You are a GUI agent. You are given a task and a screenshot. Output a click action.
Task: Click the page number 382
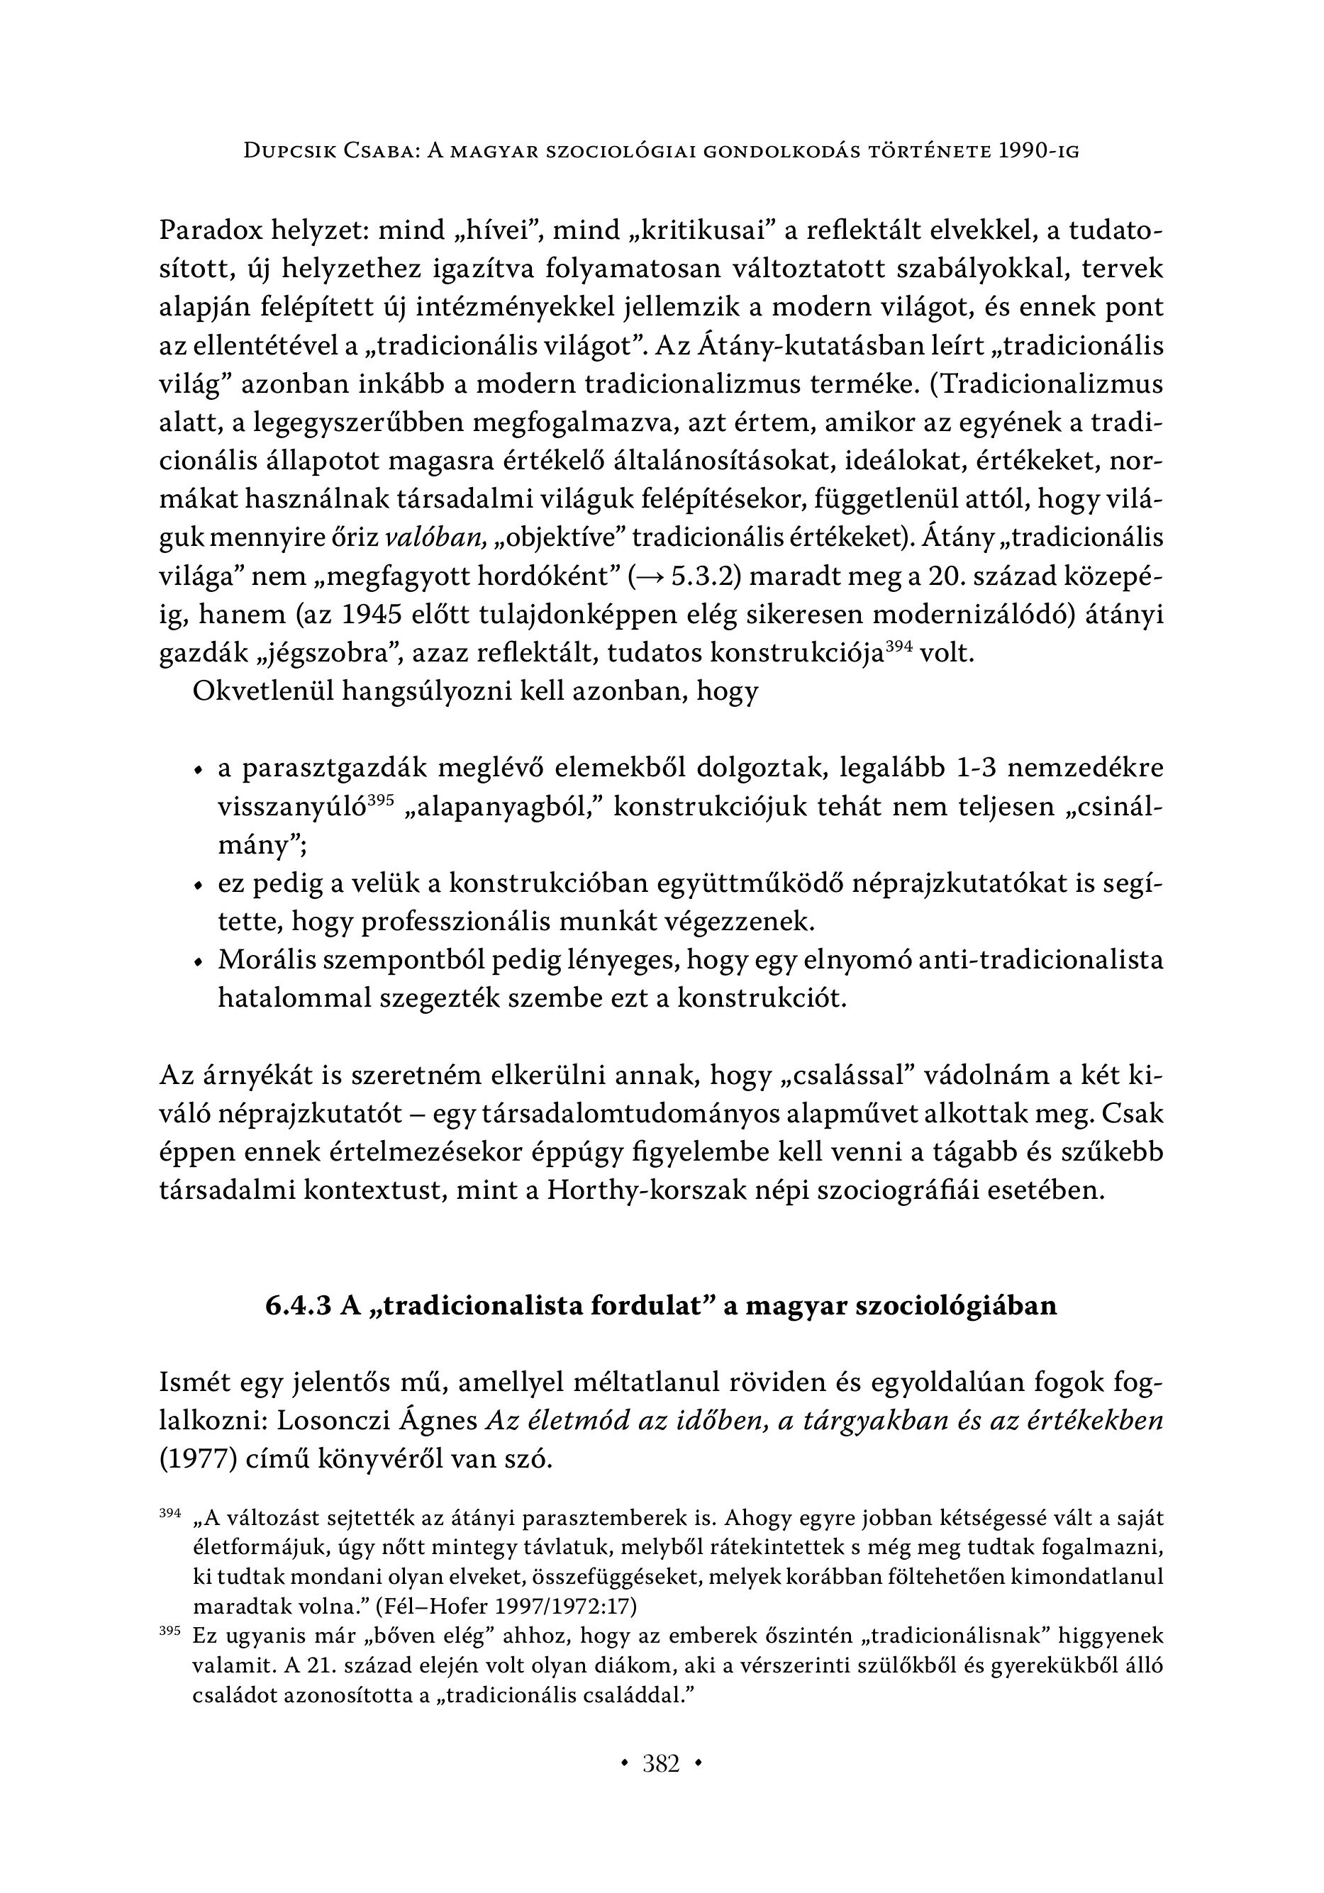(661, 1765)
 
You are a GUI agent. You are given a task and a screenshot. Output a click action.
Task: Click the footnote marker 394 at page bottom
(169, 1514)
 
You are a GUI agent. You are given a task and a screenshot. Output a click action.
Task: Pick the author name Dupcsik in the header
(289, 151)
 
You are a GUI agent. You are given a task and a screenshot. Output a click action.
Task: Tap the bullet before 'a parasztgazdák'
(197, 771)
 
